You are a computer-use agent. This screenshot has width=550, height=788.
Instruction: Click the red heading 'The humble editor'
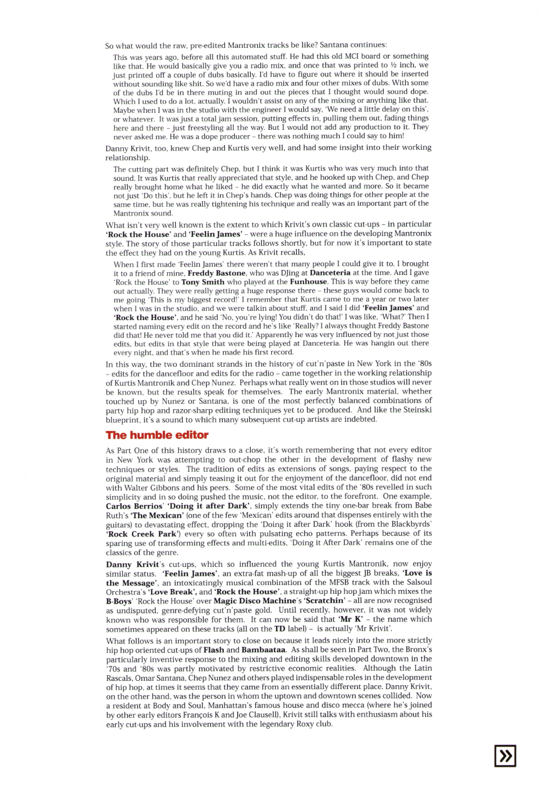point(157,435)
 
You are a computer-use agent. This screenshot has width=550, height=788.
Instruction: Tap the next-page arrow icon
point(505,756)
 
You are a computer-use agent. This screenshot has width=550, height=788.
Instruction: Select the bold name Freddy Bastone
point(217,273)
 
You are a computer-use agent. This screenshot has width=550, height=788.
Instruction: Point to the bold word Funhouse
point(309,282)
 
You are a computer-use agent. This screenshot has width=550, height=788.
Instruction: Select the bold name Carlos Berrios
point(134,506)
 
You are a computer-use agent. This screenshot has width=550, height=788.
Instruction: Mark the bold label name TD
point(280,629)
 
